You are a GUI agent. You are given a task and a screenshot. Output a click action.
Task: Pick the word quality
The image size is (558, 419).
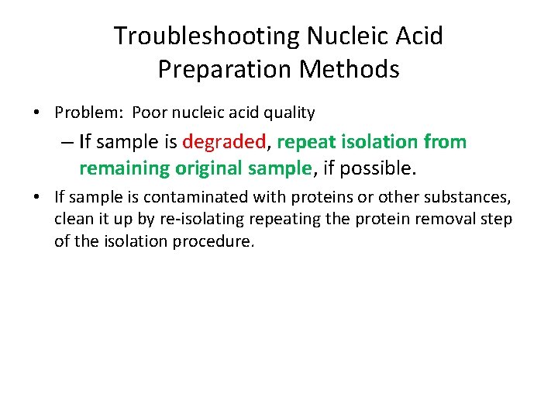click(x=290, y=113)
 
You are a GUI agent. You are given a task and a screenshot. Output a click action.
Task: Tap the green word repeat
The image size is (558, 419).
click(x=305, y=143)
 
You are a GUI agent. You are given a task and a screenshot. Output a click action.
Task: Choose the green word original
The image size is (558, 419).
click(x=208, y=168)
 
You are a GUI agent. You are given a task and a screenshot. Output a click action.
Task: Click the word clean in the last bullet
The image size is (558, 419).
click(x=71, y=220)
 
